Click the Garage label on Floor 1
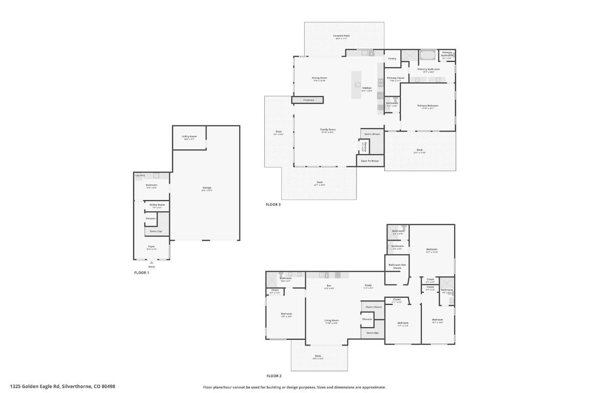coord(207,187)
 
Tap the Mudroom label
coord(151,185)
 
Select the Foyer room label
coord(151,246)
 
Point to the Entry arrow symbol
coord(151,263)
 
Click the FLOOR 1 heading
coord(142,273)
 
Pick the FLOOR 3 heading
coord(273,204)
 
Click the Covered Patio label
coord(341,36)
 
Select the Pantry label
coord(392,58)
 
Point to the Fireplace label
coord(308,100)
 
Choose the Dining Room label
coord(319,78)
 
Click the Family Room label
coord(328,129)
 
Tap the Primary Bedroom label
coord(427,105)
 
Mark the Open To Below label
coord(370,161)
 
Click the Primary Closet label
coord(395,78)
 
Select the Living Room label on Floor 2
coord(331,320)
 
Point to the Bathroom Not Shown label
coord(397,266)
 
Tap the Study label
coord(368,285)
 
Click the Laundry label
coord(140,175)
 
